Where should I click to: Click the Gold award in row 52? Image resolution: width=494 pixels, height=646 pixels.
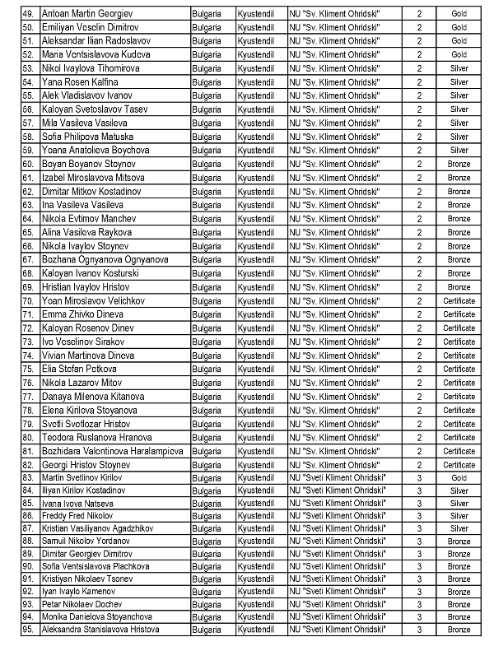(x=459, y=54)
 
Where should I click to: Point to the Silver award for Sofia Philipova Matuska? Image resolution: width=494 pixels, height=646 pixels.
(x=459, y=137)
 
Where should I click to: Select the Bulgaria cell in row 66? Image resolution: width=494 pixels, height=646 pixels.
(x=206, y=246)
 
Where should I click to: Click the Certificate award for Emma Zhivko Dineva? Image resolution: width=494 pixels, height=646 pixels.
(x=459, y=314)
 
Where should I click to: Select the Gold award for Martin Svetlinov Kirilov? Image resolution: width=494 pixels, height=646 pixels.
(x=459, y=478)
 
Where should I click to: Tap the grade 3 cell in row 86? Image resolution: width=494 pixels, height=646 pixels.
(x=419, y=519)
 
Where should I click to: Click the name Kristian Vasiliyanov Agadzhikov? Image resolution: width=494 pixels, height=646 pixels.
(x=98, y=527)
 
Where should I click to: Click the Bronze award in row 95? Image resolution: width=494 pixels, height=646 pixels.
(x=459, y=630)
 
